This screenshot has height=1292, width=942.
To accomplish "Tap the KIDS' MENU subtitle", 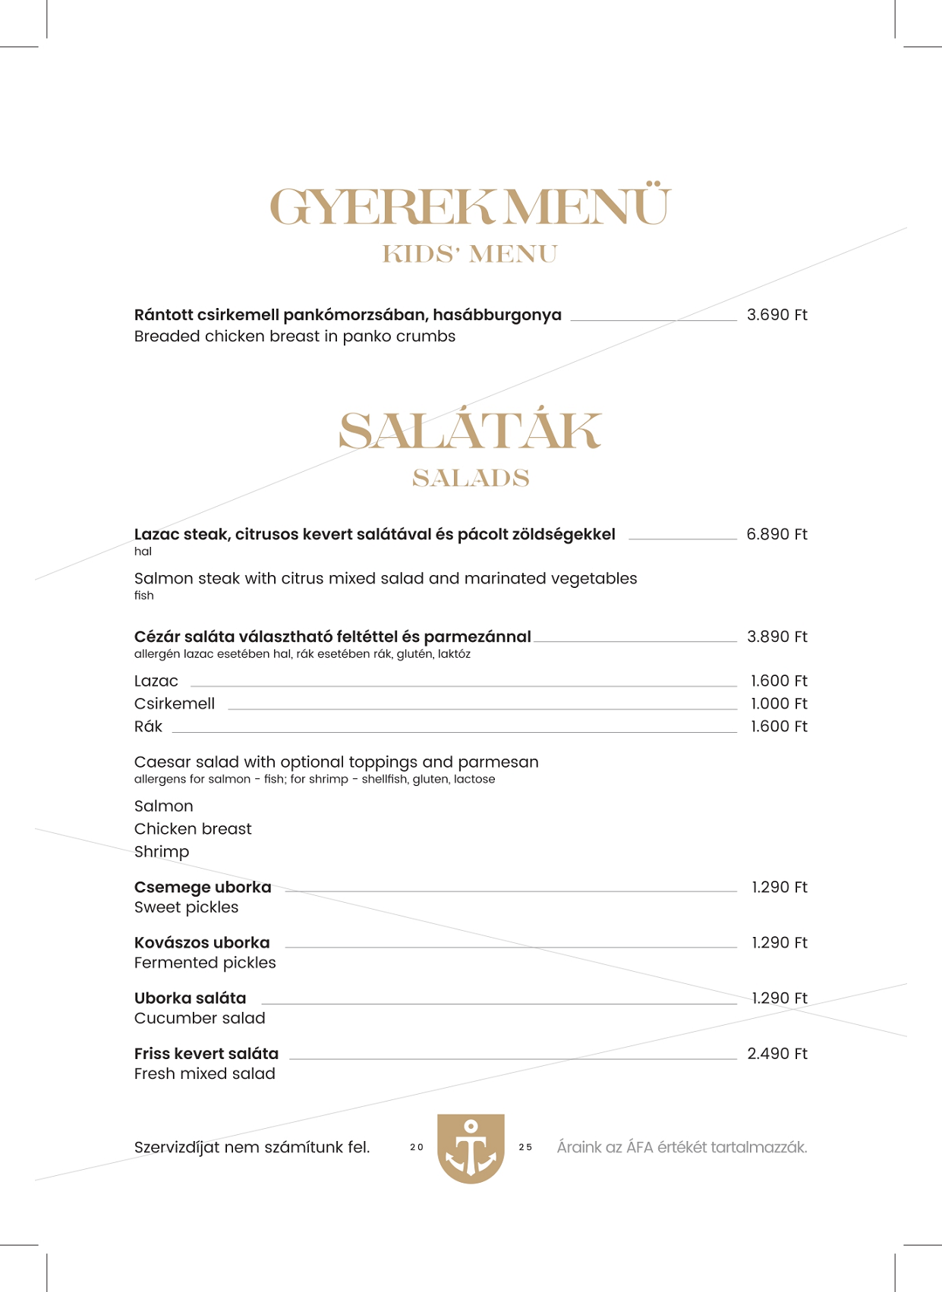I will [x=471, y=254].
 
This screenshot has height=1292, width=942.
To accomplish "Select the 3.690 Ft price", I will [x=777, y=315].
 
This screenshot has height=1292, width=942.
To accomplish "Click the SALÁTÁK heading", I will [x=471, y=431].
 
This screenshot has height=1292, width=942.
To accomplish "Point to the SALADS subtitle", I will [x=471, y=478].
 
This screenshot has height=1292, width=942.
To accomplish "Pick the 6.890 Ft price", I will [x=777, y=534].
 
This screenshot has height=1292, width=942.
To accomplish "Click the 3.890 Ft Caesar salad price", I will [x=777, y=637].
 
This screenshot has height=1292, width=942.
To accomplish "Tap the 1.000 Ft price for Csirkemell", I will [x=779, y=704].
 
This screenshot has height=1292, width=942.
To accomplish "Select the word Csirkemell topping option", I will [x=175, y=704].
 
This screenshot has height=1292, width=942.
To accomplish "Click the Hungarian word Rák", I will [x=148, y=727].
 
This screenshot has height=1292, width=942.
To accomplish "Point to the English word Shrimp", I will [x=162, y=852].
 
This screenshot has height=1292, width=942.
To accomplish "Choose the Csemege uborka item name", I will [x=203, y=887].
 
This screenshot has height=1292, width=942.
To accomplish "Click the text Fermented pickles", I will [x=205, y=963].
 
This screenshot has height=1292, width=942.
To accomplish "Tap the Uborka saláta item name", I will [x=191, y=998].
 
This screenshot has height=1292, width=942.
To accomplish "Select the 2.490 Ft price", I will [x=777, y=1054].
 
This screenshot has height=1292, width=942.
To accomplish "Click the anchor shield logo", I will [x=471, y=1148].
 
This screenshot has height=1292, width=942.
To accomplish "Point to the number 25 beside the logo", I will [x=525, y=1148].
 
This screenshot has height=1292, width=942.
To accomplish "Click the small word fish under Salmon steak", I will [x=144, y=596].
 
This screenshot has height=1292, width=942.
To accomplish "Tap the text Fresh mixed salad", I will [x=205, y=1074].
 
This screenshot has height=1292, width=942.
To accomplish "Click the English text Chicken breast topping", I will [x=193, y=829].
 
